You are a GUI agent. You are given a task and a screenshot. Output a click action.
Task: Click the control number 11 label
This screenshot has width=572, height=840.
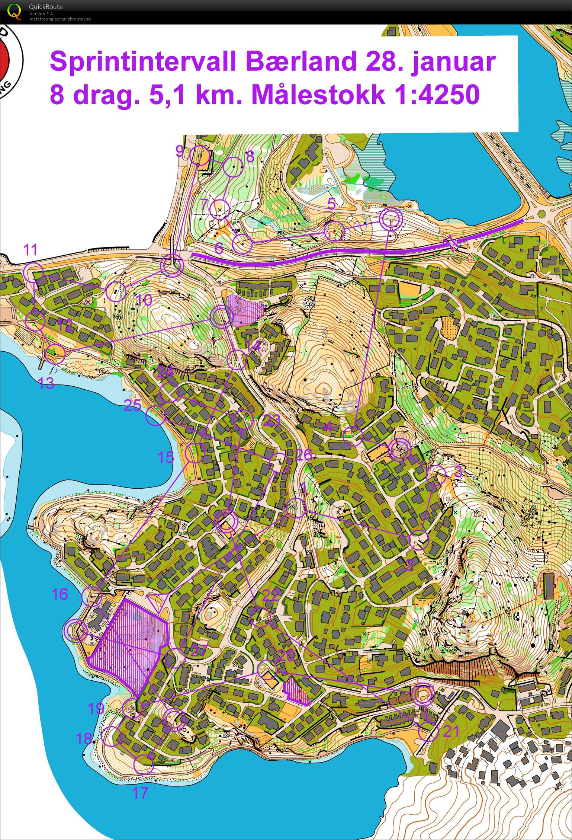(30, 249)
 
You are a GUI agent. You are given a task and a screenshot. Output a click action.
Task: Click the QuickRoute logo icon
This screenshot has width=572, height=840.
(14, 11)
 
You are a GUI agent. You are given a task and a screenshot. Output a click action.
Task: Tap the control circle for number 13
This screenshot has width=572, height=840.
(55, 353)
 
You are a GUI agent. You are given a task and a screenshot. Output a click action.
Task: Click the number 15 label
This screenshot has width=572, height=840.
(166, 457)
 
